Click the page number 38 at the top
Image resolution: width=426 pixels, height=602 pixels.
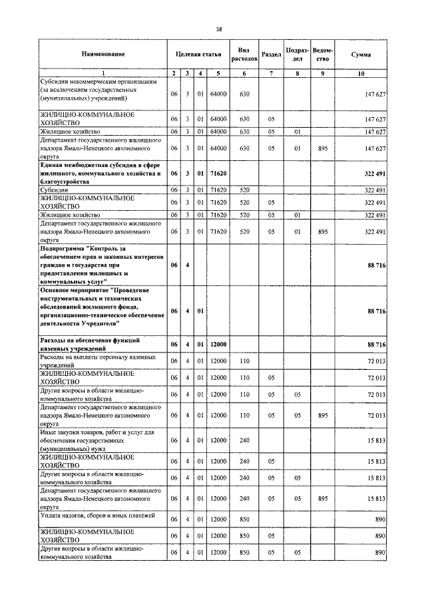click(219, 29)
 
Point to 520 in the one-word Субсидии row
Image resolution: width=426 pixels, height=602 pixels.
click(244, 190)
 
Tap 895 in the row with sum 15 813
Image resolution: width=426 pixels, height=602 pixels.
click(322, 498)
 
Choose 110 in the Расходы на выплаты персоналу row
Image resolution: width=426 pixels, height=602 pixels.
click(244, 361)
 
